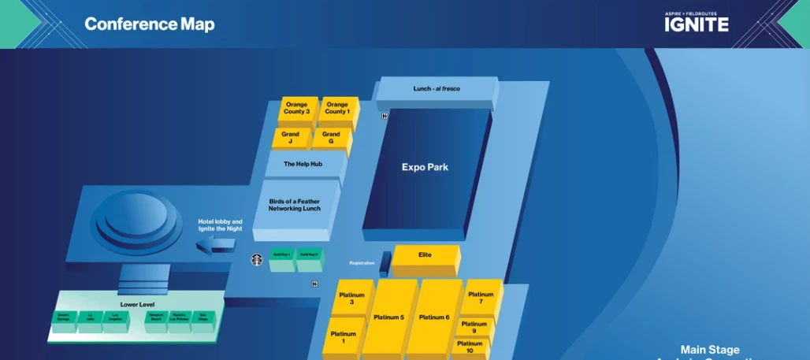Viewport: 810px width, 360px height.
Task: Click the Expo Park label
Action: point(425,167)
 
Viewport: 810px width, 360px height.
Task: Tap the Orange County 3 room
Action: point(297,109)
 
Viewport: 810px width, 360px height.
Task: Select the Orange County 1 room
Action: point(337,109)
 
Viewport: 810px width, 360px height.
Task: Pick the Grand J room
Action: point(290,138)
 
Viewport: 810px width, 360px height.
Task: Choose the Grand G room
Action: point(331,138)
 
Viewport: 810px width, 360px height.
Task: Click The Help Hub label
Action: point(303,164)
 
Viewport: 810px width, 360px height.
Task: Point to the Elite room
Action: point(425,255)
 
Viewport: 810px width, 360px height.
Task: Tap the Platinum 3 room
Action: point(351,299)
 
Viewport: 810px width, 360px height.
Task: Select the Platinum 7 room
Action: point(481,298)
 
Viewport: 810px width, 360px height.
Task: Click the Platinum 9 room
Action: point(474,327)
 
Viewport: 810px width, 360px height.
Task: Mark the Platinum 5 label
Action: point(389,317)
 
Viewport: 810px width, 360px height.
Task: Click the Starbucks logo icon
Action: point(256,259)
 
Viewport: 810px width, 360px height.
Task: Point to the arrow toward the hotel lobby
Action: point(215,247)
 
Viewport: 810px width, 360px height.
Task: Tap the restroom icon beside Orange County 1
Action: point(384,116)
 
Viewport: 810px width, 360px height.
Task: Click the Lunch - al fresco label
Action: point(437,89)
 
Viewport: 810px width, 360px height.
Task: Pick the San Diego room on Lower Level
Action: point(202,317)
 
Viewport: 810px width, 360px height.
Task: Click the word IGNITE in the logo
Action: point(696,24)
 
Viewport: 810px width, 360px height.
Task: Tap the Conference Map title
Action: point(150,24)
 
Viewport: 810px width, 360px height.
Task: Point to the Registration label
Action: point(362,263)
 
